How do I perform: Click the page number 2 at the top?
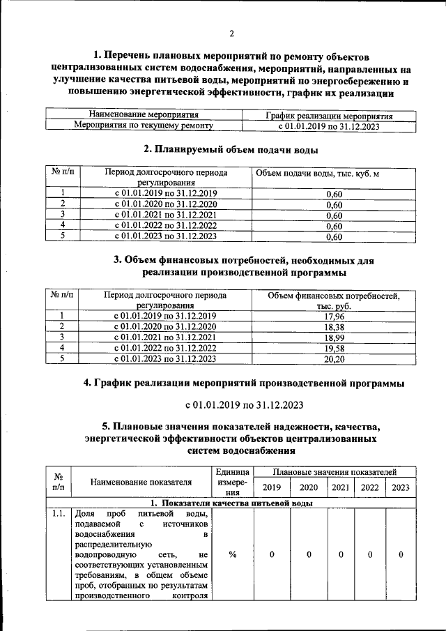[x=231, y=33]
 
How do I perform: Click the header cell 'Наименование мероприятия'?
[x=144, y=115]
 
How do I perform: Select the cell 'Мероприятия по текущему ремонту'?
[x=144, y=126]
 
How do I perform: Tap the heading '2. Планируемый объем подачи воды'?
[x=231, y=149]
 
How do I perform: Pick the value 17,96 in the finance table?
[x=334, y=316]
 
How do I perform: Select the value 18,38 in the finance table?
[x=334, y=326]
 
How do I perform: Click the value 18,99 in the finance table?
[x=334, y=337]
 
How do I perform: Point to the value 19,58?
[x=334, y=348]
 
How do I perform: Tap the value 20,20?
[x=334, y=358]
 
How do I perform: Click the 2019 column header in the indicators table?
[x=271, y=487]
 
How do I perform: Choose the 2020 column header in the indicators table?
[x=309, y=487]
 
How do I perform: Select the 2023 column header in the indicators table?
[x=401, y=487]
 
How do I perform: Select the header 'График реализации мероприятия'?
[x=330, y=116]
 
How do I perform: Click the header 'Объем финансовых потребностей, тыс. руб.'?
[x=334, y=301]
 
